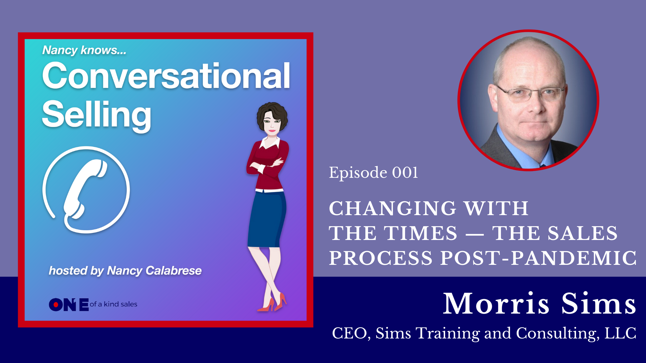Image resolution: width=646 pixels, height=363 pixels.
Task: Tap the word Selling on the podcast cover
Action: point(97,115)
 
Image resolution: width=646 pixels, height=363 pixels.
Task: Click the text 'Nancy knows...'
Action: point(84,50)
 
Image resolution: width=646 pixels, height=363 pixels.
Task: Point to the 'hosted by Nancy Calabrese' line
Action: point(125,271)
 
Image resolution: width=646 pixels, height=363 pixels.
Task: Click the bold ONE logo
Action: point(69,305)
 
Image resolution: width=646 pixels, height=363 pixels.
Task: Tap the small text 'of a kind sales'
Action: point(113,304)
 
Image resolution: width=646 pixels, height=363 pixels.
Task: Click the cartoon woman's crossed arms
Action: point(266,165)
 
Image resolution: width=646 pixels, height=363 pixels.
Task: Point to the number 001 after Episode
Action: point(405,173)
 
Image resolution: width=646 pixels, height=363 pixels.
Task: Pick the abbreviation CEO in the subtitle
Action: point(349,333)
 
